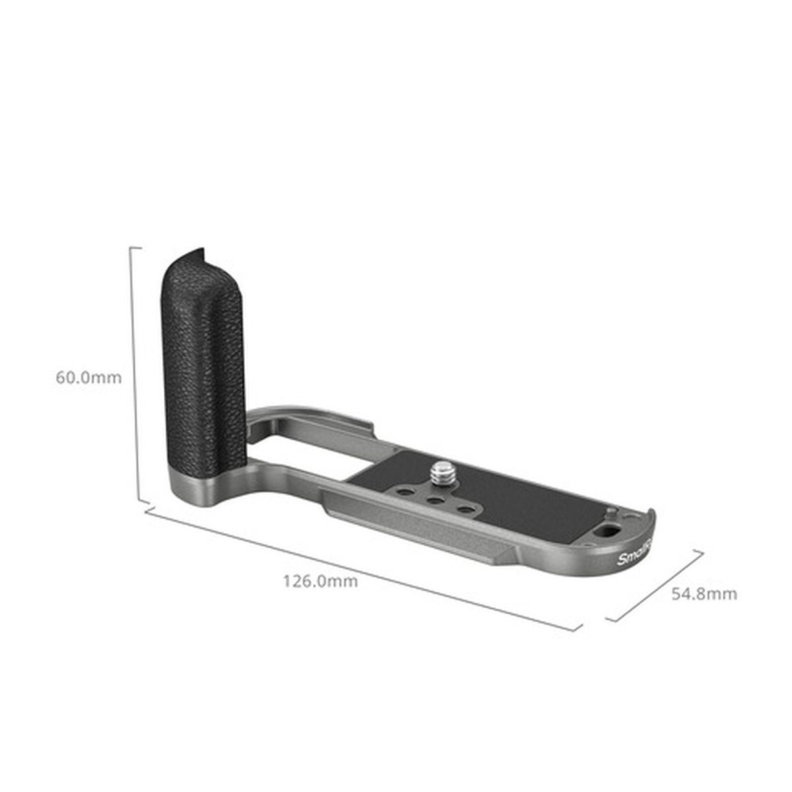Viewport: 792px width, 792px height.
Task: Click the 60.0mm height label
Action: point(88,378)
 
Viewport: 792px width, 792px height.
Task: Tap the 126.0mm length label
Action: point(320,581)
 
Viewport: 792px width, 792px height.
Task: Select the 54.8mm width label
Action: point(704,593)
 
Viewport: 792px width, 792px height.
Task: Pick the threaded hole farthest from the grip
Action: point(466,509)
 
